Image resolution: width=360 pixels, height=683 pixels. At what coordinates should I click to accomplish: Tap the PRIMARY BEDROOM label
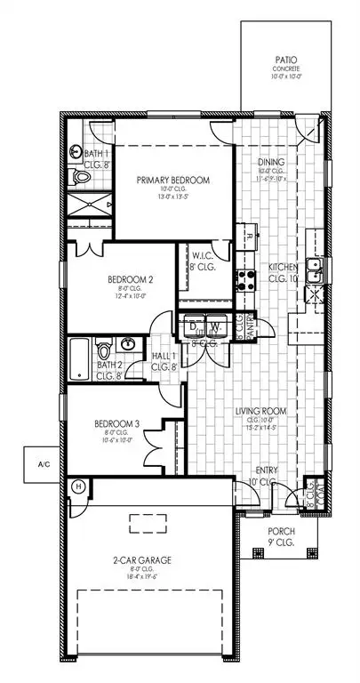coord(172,181)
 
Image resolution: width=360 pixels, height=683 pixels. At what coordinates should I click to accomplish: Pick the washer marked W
coord(212,326)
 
